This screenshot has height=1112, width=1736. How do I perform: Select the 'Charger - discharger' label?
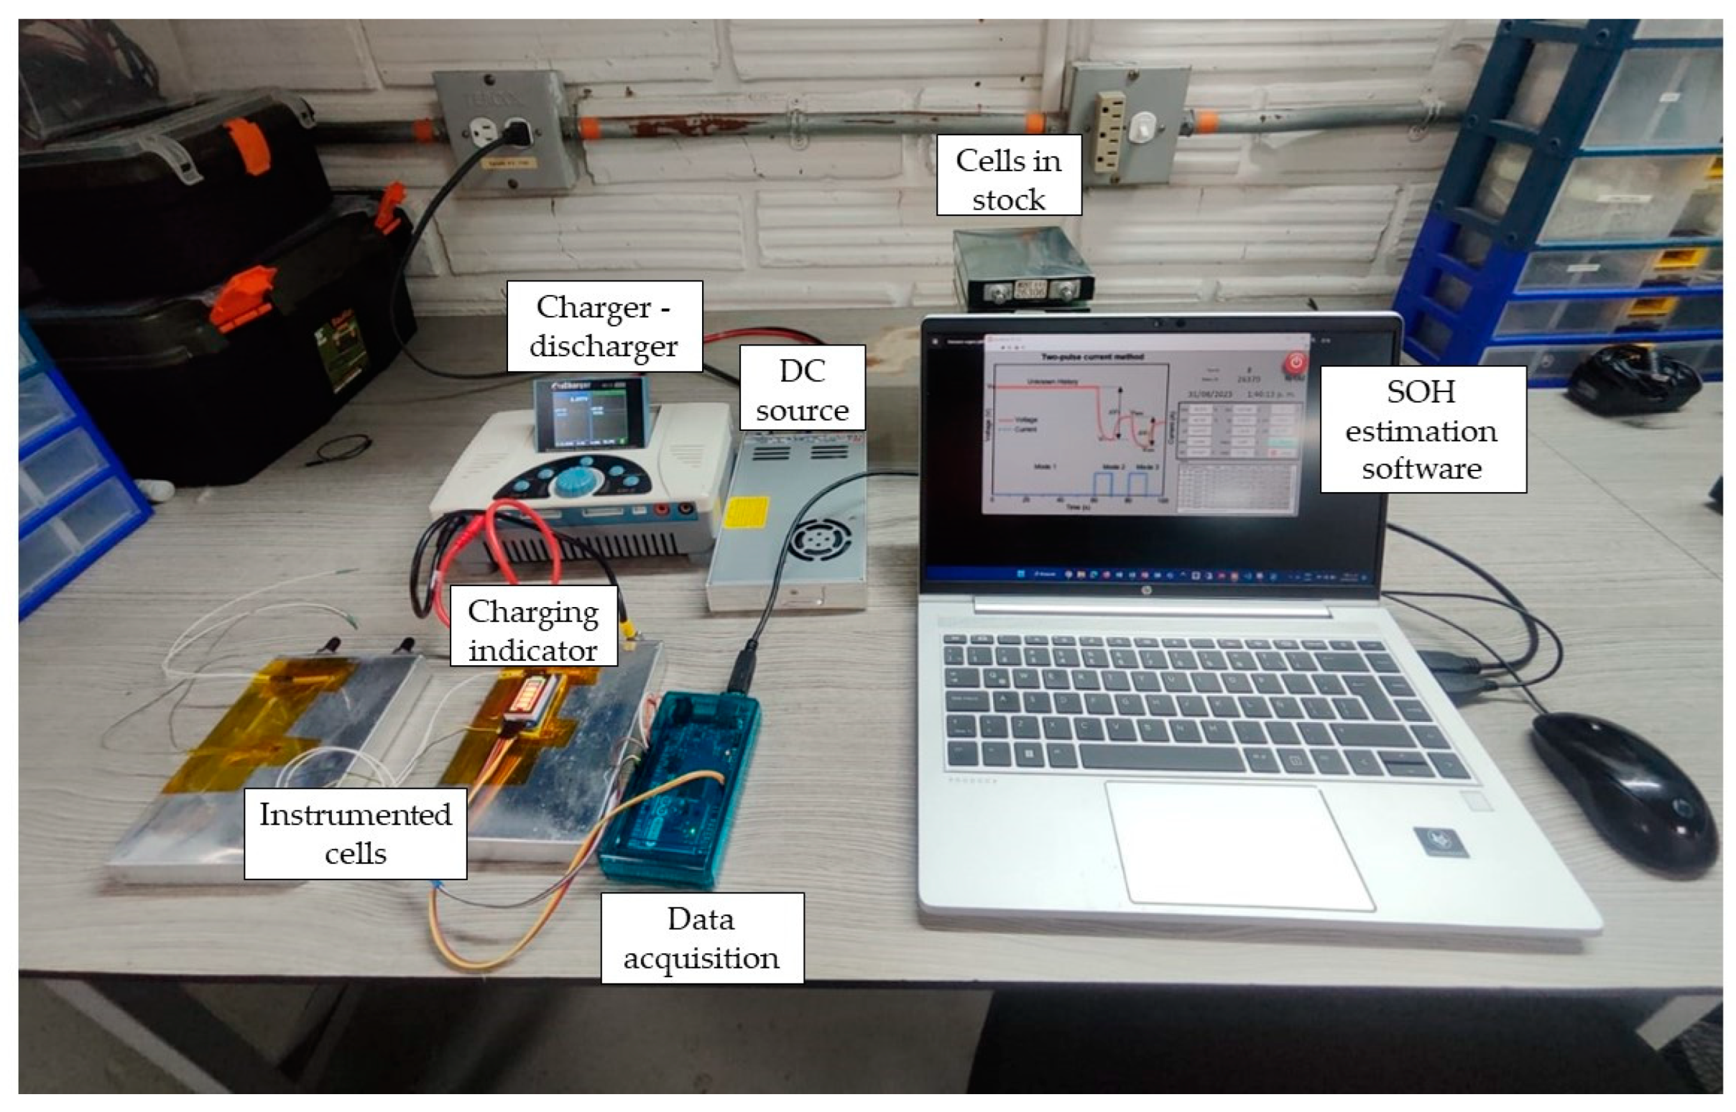[x=604, y=326]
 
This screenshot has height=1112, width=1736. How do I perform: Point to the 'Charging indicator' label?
[x=534, y=626]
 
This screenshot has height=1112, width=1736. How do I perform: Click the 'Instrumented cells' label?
[x=355, y=833]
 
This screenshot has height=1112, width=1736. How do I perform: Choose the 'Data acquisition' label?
[x=701, y=938]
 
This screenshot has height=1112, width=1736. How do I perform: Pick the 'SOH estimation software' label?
[x=1422, y=430]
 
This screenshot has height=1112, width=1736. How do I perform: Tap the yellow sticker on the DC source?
[x=745, y=511]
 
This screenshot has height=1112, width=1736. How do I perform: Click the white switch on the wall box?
[x=1142, y=128]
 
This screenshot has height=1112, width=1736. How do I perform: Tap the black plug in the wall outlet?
[x=518, y=133]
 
